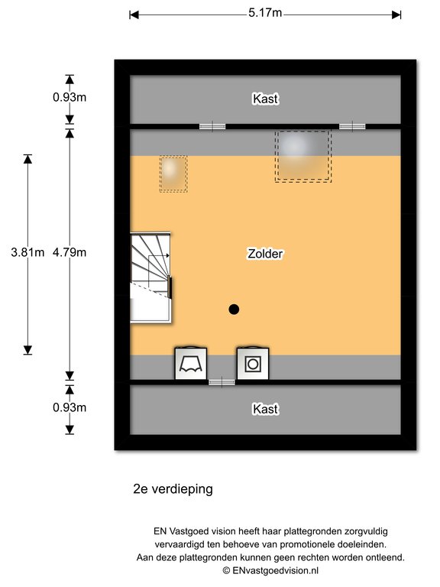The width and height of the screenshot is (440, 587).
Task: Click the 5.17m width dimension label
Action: click(265, 13)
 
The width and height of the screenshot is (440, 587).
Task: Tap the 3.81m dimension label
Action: click(27, 252)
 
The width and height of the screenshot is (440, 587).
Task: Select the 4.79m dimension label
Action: click(70, 252)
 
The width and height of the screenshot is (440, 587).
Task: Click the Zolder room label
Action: click(265, 254)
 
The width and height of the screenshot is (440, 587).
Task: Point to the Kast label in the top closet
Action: click(265, 99)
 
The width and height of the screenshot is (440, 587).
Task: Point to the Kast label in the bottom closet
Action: click(265, 409)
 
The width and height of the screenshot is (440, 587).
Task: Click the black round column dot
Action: click(234, 310)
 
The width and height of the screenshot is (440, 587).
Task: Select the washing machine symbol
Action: click(253, 364)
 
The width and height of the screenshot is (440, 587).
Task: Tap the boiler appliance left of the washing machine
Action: click(191, 364)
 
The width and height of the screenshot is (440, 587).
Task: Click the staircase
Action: click(150, 277)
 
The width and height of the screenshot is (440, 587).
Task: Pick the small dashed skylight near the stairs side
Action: click(173, 174)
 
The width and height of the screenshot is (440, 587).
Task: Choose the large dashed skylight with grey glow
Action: click(303, 156)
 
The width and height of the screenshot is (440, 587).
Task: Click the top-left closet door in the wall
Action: click(212, 127)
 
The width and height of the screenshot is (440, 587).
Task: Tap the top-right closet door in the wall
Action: click(352, 127)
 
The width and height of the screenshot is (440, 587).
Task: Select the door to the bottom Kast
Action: click(222, 382)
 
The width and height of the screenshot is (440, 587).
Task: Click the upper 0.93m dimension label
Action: click(70, 97)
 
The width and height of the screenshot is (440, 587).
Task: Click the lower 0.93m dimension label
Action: click(70, 407)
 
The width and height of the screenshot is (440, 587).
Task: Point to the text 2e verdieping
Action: click(173, 489)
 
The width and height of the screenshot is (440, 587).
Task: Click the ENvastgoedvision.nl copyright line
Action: click(270, 570)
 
